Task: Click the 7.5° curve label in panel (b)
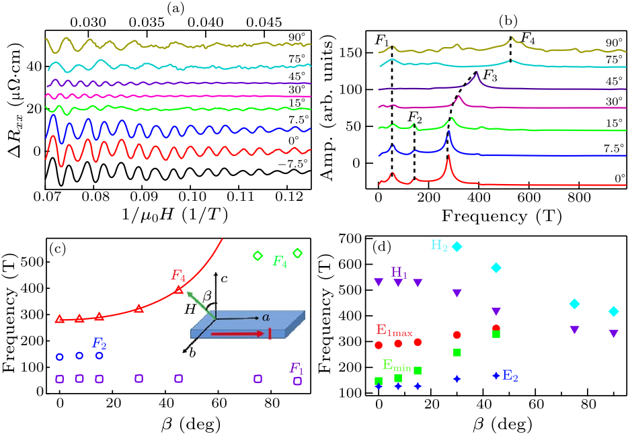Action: (x=614, y=146)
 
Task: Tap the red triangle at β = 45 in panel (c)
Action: (x=179, y=290)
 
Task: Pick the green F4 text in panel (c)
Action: (x=280, y=261)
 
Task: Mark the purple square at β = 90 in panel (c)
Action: (x=297, y=381)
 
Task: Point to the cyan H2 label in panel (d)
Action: (x=440, y=247)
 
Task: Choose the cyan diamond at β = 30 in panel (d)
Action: (x=457, y=247)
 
